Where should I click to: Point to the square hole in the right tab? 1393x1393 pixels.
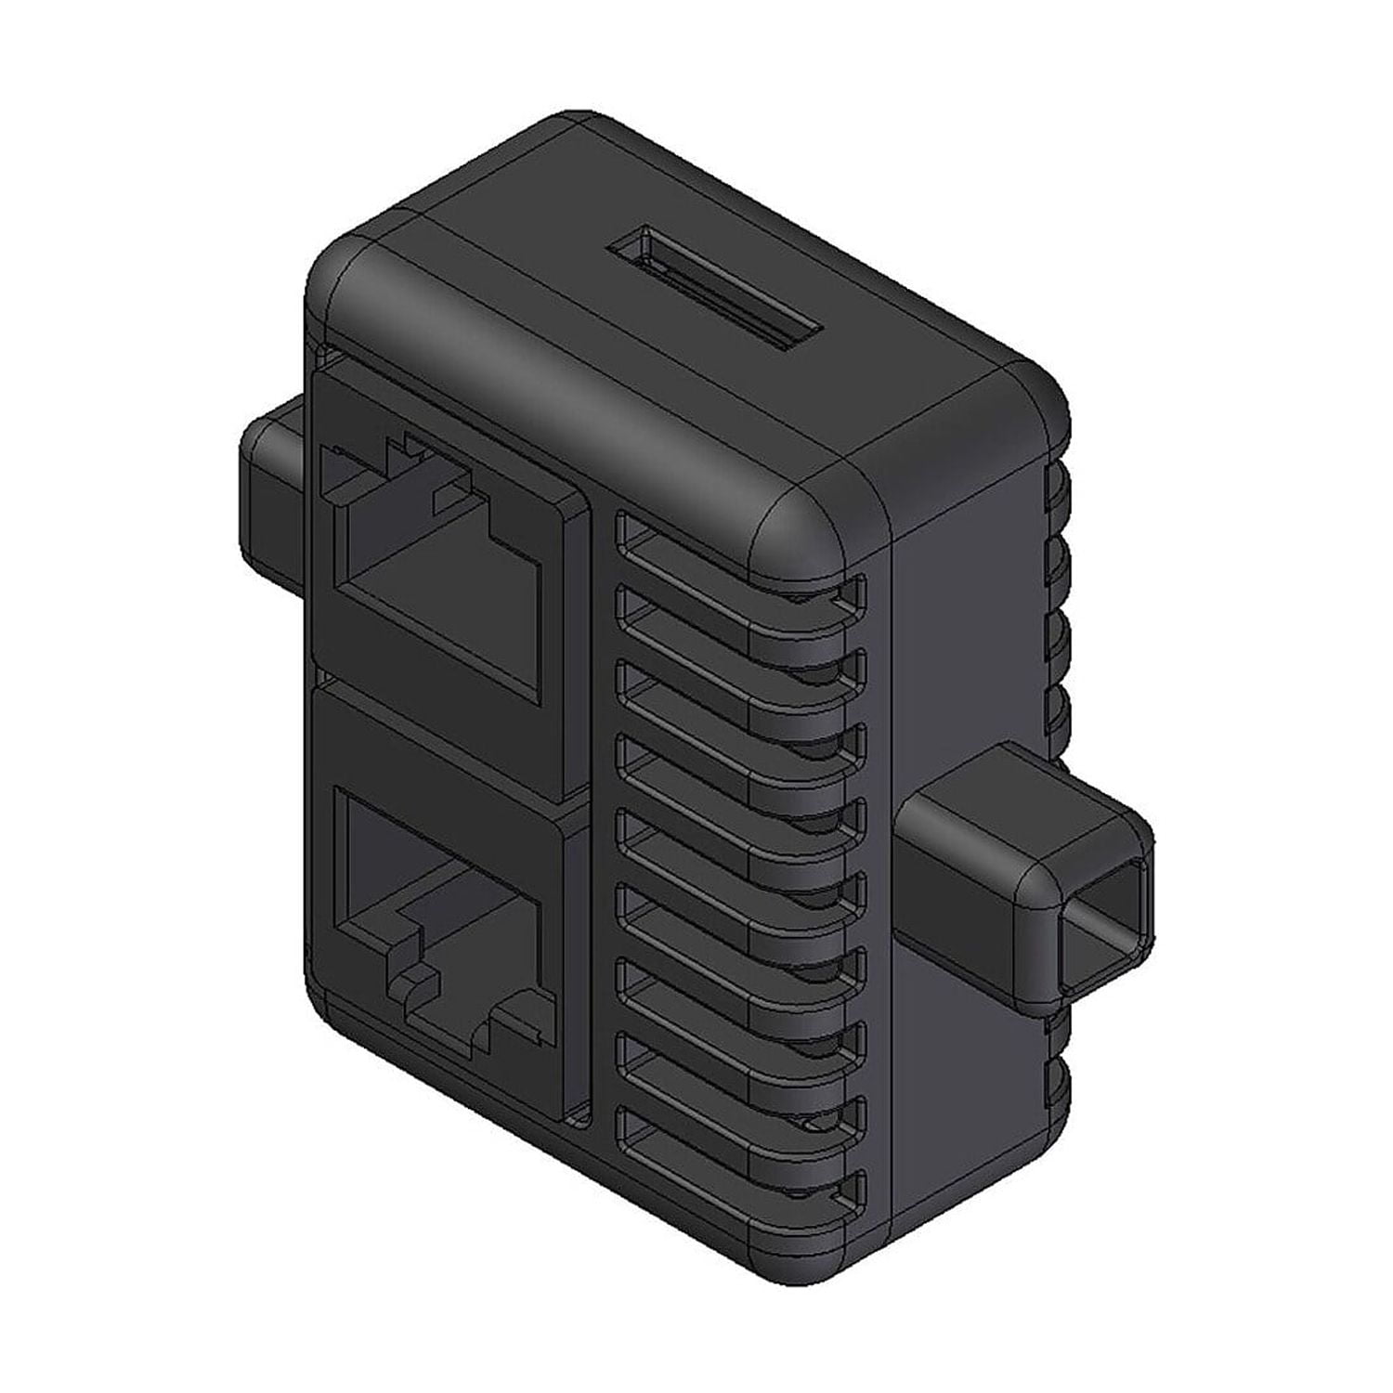click(1105, 919)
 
